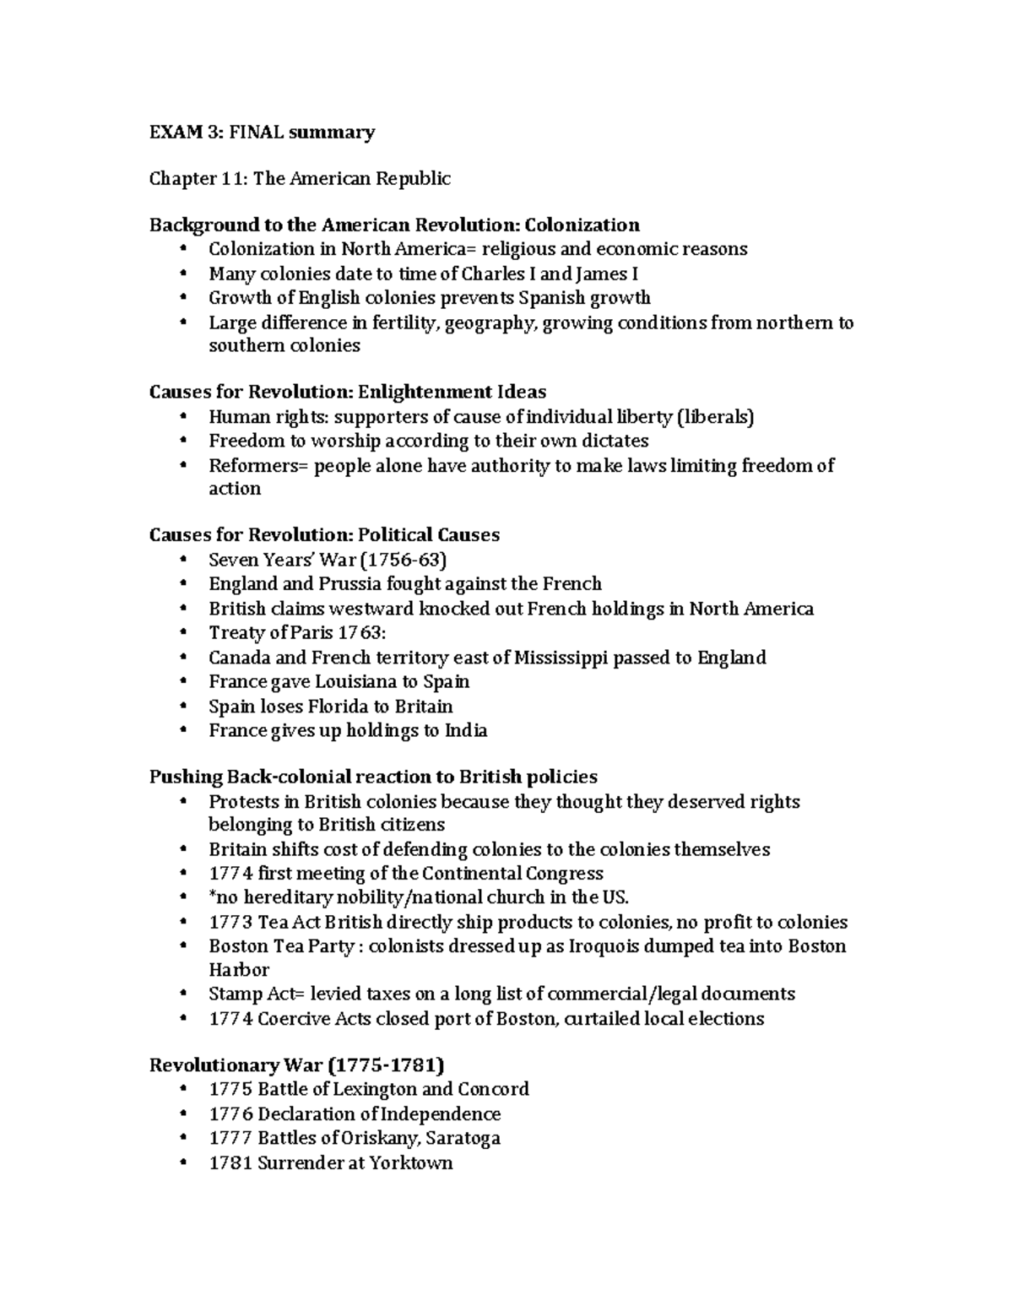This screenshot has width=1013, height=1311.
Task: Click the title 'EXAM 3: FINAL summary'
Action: point(262,132)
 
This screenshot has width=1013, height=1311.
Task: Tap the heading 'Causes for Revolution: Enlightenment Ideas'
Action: point(347,392)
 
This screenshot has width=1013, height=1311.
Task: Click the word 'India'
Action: point(465,730)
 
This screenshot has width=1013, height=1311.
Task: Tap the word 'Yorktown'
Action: point(412,1162)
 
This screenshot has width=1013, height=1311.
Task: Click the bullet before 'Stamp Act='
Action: point(184,994)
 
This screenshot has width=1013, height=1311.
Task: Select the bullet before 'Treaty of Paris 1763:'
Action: point(184,633)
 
